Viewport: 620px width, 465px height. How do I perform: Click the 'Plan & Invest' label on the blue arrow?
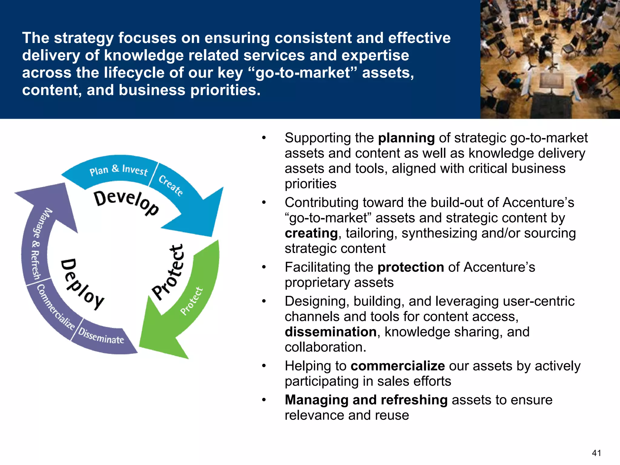point(119,170)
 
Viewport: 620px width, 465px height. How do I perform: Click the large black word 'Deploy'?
point(82,284)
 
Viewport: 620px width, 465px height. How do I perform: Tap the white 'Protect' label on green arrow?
point(192,301)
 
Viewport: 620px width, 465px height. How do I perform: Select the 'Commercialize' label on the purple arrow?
point(56,307)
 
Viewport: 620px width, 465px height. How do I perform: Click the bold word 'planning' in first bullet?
point(406,138)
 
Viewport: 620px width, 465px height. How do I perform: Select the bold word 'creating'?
point(311,233)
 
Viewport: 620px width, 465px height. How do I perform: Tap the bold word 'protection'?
point(411,267)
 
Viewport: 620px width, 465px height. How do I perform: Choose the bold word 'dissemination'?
point(331,332)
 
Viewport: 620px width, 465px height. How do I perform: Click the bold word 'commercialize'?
point(397,366)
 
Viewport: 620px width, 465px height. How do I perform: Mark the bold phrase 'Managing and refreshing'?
point(366,400)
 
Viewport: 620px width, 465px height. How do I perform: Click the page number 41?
point(596,453)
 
